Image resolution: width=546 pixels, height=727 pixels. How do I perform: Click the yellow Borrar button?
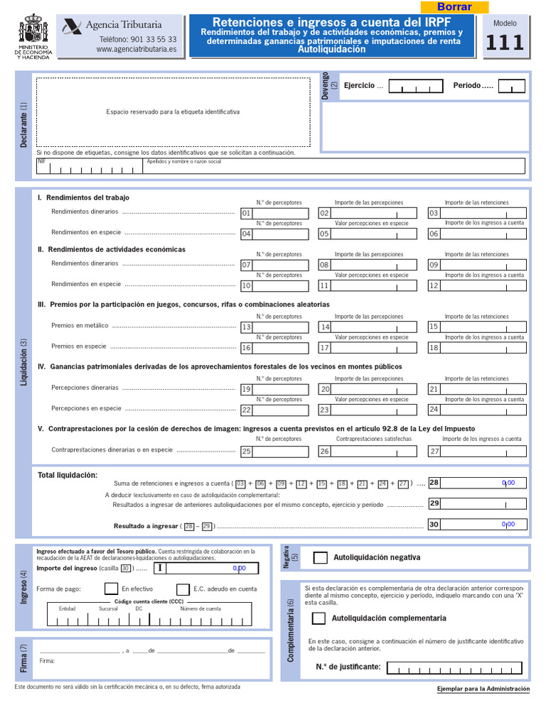click(x=454, y=7)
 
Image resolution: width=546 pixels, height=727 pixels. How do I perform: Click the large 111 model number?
click(x=505, y=43)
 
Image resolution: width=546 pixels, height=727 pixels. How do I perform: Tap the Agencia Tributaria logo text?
click(x=123, y=25)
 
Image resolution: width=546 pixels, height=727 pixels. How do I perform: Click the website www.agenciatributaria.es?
click(x=136, y=50)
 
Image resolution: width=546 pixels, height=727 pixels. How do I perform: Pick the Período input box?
click(x=511, y=87)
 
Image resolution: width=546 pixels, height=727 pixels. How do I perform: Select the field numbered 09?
click(x=483, y=265)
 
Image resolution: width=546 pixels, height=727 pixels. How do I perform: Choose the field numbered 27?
click(x=483, y=451)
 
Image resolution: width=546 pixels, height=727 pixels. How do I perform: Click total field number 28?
click(x=483, y=483)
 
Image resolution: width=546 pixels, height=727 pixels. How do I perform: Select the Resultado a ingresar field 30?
click(x=483, y=525)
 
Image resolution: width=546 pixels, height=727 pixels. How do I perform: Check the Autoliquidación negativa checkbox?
click(x=321, y=557)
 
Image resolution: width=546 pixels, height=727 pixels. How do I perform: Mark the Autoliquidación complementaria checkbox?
click(x=319, y=618)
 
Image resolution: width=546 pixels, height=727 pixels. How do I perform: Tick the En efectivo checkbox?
click(x=111, y=589)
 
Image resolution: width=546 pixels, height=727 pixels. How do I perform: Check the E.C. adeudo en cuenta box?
click(x=183, y=589)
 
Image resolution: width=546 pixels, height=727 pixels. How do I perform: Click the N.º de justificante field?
click(x=454, y=667)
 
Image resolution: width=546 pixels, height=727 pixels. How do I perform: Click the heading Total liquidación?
click(x=68, y=475)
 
